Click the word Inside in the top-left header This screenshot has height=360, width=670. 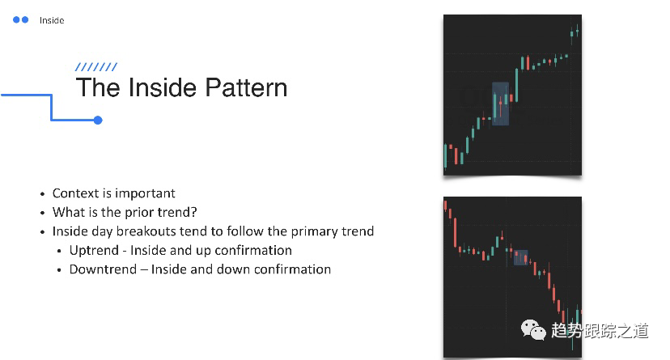[52, 20]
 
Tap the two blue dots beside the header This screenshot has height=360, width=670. [21, 19]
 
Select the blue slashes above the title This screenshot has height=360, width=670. [95, 67]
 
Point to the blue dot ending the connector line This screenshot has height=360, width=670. [98, 121]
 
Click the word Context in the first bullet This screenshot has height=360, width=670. [75, 193]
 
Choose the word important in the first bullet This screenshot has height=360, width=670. [145, 193]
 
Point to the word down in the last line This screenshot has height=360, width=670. [233, 269]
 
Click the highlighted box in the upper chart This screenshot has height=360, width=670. [500, 104]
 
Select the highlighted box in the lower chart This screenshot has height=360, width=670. [520, 258]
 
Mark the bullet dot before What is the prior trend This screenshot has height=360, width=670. [43, 213]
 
